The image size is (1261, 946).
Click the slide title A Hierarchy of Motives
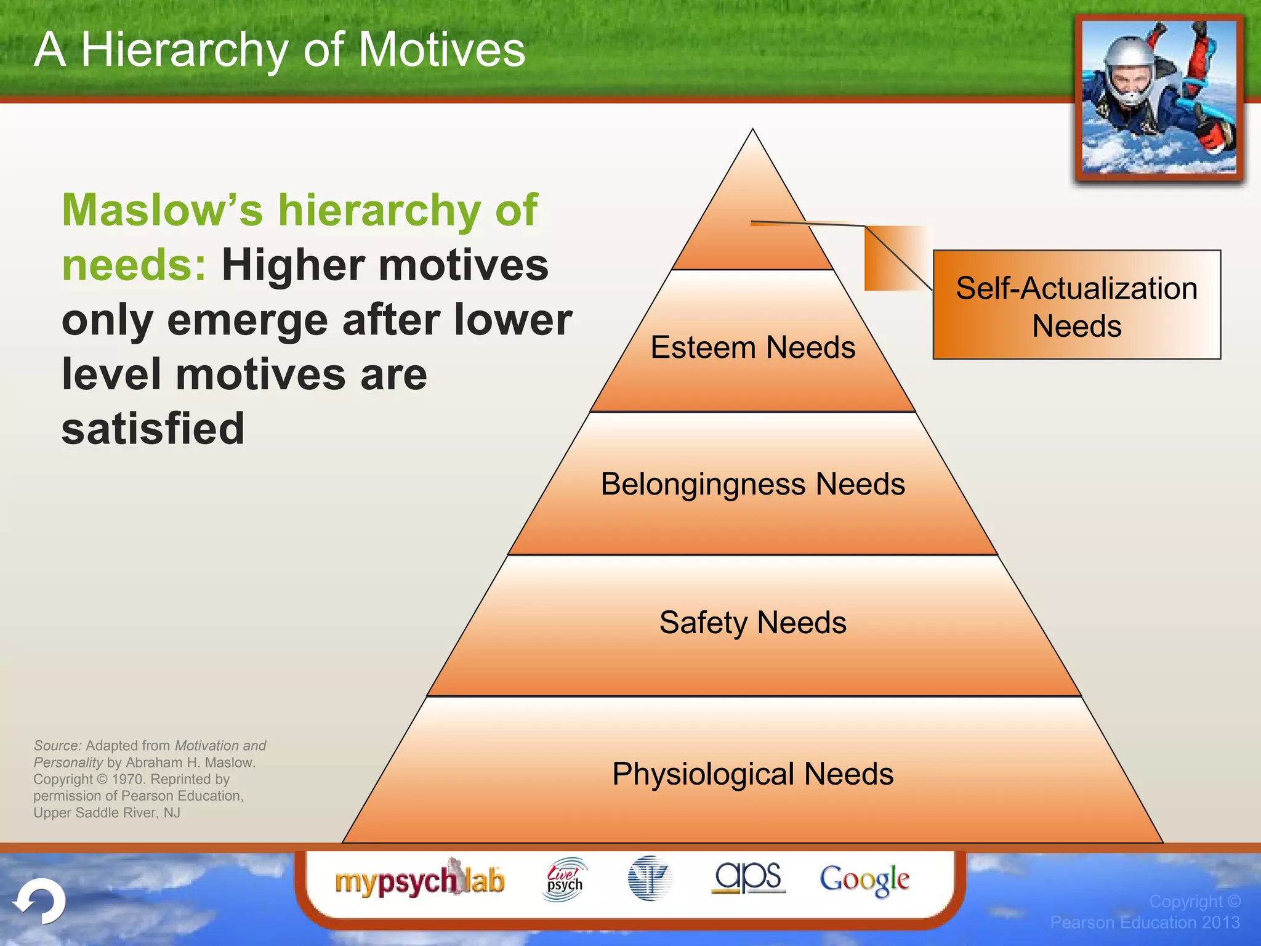pos(280,51)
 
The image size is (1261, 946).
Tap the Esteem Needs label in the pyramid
pos(752,347)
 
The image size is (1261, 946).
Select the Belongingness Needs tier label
pos(752,484)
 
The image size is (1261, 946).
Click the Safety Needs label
pos(752,623)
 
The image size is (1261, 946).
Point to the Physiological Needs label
pos(752,774)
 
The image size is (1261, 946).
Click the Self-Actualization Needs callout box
pos(1076,305)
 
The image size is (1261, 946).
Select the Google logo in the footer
pos(864,879)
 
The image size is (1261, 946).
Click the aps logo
pos(748,877)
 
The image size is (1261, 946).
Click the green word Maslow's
pos(162,211)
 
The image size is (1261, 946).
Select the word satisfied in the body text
pos(153,429)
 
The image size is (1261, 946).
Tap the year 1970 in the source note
pos(128,779)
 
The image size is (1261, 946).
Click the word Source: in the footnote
pos(57,746)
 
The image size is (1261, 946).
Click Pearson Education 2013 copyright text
pos(1145,922)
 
